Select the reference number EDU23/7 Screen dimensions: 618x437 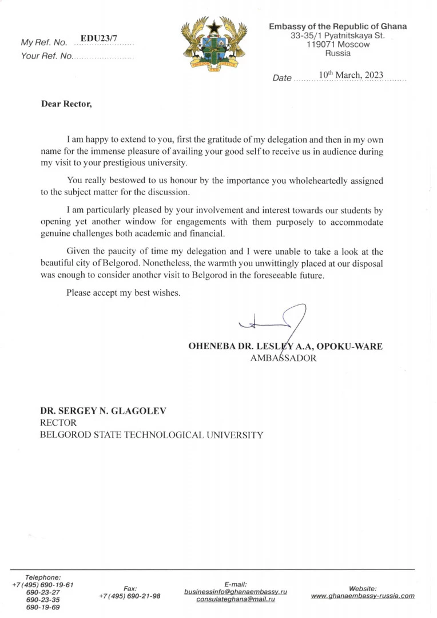tap(98, 38)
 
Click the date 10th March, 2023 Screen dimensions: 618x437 tap(351, 75)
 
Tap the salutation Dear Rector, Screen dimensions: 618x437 tap(66, 105)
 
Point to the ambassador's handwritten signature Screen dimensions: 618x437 tap(275, 324)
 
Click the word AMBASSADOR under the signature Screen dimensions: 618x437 tap(283, 359)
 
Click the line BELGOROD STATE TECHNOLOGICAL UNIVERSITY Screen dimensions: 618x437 tap(152, 435)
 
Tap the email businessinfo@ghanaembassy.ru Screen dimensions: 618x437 tap(235, 591)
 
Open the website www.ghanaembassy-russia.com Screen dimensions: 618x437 tap(363, 596)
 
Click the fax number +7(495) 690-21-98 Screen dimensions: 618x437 tap(129, 596)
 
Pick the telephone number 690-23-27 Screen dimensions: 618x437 tap(43, 592)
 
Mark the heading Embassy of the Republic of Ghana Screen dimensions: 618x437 tap(337, 26)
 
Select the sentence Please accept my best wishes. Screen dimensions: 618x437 tap(124, 293)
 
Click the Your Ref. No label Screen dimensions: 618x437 tap(46, 56)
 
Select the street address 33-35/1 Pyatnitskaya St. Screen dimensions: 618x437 tap(337, 35)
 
